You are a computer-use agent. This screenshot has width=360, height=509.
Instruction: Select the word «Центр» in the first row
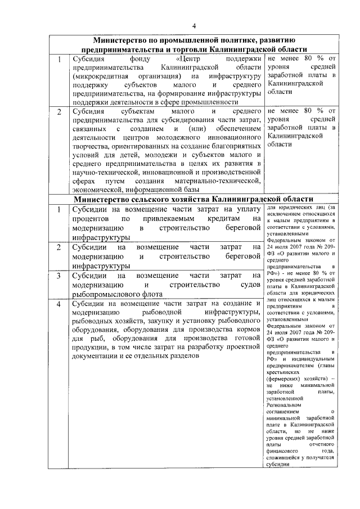tap(187, 58)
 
